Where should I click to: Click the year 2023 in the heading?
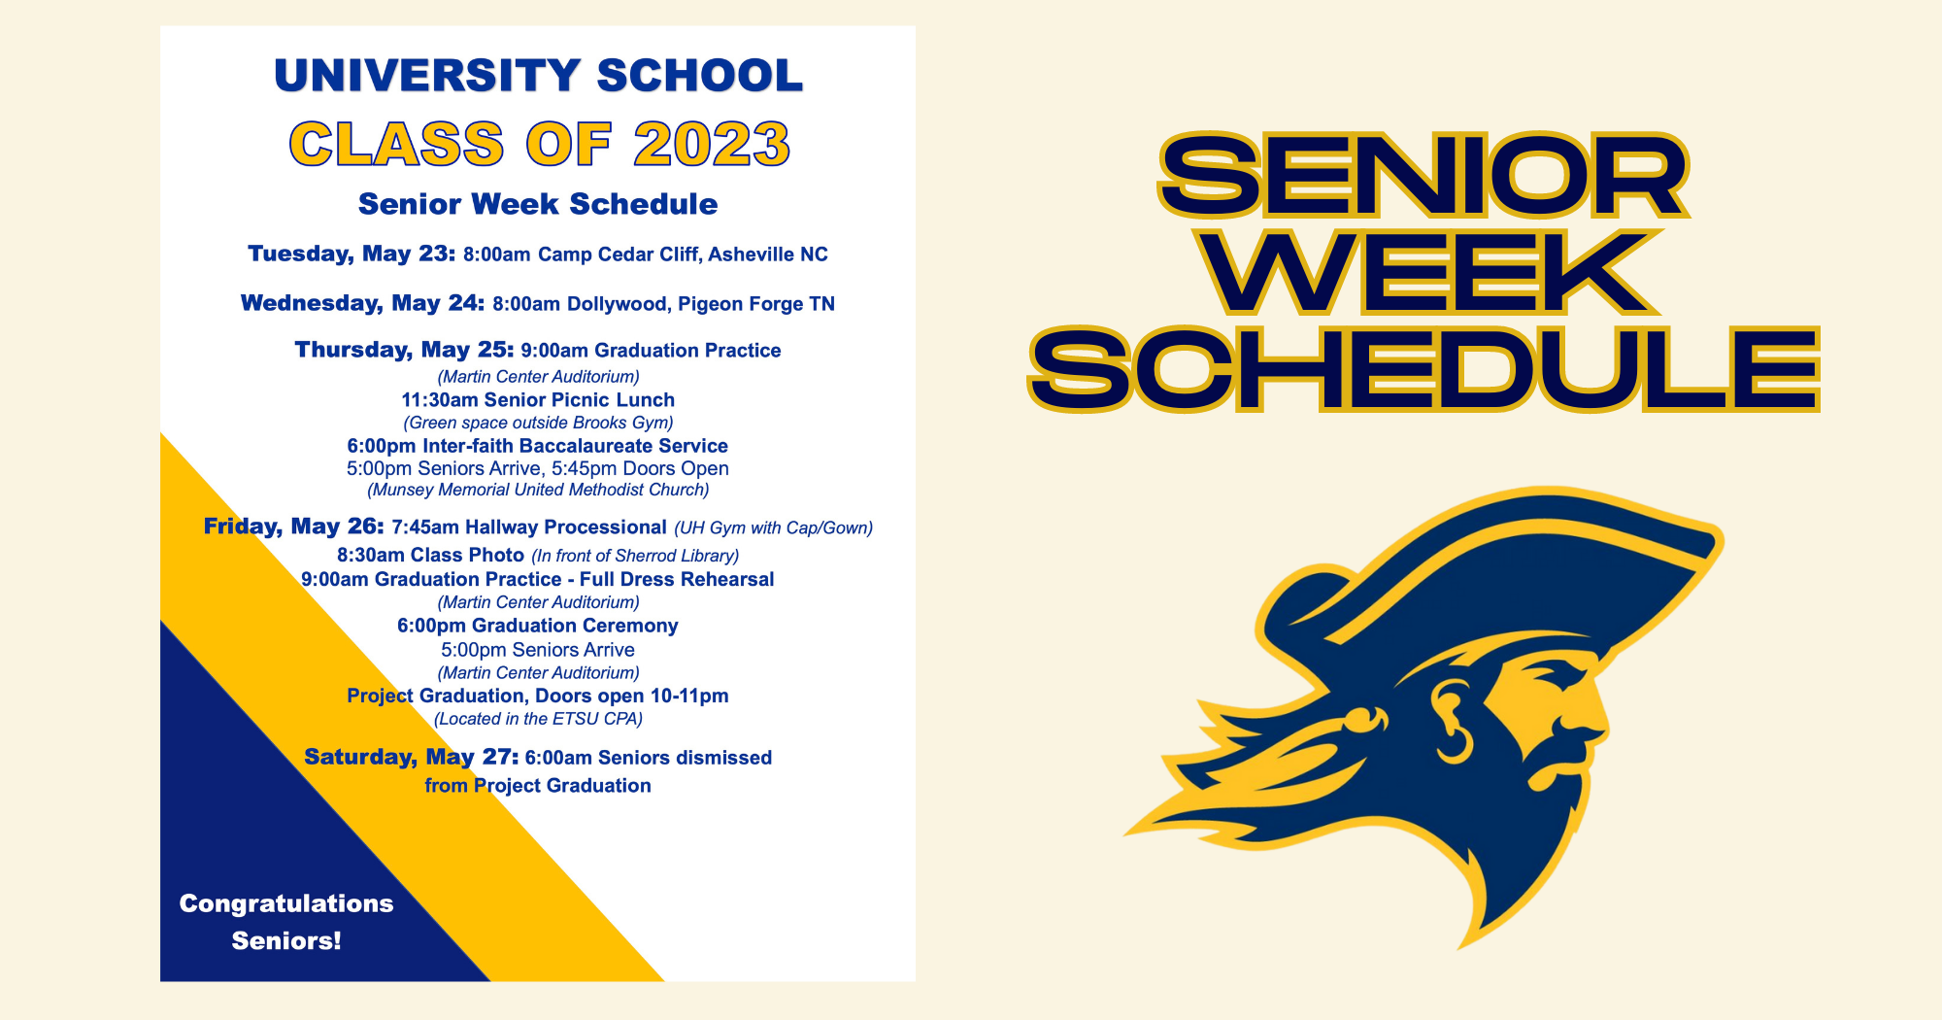tap(712, 145)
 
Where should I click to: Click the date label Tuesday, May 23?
tap(352, 254)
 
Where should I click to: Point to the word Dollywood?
tap(618, 304)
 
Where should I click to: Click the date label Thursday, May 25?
tap(404, 350)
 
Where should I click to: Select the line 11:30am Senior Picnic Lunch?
tap(538, 399)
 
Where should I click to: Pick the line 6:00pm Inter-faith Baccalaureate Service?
tap(538, 446)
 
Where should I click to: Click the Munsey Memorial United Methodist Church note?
tap(538, 490)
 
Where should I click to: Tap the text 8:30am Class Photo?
tap(430, 555)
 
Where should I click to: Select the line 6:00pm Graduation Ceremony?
tap(538, 626)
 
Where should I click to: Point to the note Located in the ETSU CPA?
tap(538, 719)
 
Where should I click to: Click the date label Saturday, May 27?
tap(412, 757)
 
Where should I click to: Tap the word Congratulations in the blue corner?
tap(286, 903)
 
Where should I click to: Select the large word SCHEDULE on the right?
tap(1423, 369)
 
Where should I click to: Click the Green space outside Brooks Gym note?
tap(538, 423)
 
